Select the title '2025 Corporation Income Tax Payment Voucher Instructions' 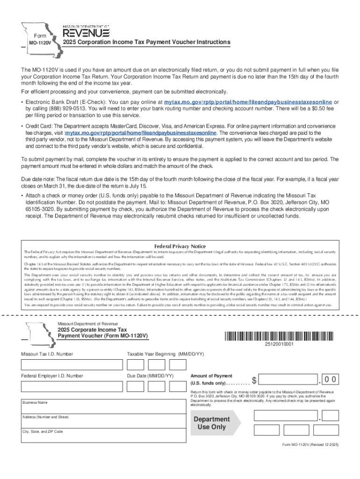click(146, 43)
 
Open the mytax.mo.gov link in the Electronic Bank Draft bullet click(248, 102)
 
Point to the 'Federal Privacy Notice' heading click(180, 246)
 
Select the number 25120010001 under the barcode click(279, 344)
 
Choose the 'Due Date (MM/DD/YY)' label click(150, 376)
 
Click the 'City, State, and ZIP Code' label click(43, 431)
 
